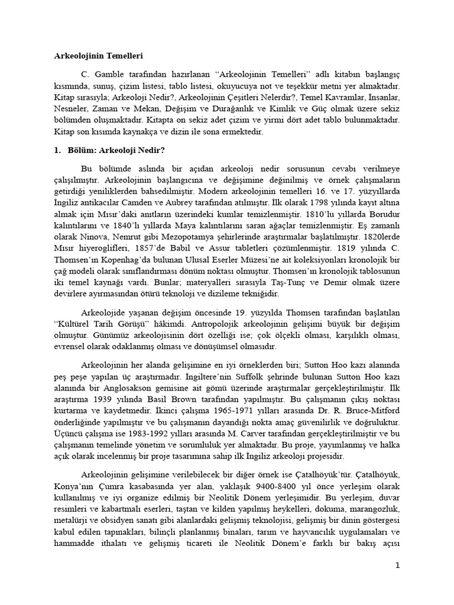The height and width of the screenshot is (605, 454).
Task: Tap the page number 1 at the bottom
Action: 398,565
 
